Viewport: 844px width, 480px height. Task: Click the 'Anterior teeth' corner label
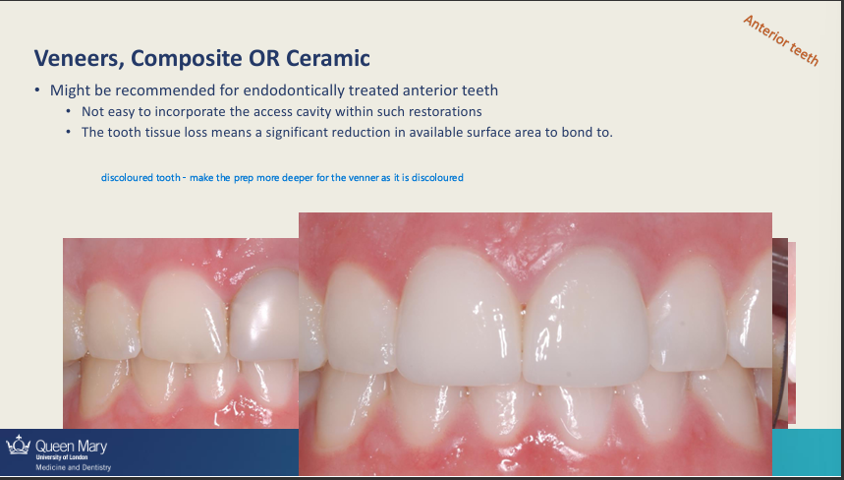(x=780, y=40)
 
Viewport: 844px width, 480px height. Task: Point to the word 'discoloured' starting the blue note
(x=125, y=178)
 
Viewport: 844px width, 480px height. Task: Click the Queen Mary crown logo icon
(x=17, y=446)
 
